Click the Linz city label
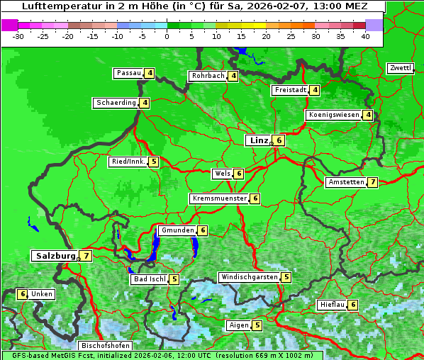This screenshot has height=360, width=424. click(x=258, y=140)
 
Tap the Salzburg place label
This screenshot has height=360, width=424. click(x=55, y=256)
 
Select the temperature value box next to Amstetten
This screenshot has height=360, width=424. click(x=372, y=182)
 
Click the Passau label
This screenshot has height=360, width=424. click(x=129, y=73)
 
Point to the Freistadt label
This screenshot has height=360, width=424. click(x=290, y=90)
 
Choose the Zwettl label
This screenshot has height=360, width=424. click(x=400, y=68)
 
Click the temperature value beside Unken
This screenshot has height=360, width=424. click(x=22, y=294)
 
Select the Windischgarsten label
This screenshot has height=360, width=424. click(x=248, y=277)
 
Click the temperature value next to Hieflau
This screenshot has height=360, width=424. click(x=353, y=305)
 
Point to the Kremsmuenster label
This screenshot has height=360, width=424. click(x=219, y=198)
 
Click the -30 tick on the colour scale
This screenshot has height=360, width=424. click(x=18, y=35)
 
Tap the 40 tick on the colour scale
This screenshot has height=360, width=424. click(x=365, y=35)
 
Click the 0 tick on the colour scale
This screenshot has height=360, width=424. click(x=167, y=35)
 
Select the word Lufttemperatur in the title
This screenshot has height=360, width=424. click(x=55, y=6)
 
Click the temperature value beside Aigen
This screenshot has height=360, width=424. click(x=257, y=325)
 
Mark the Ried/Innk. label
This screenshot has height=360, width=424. click(x=128, y=162)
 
